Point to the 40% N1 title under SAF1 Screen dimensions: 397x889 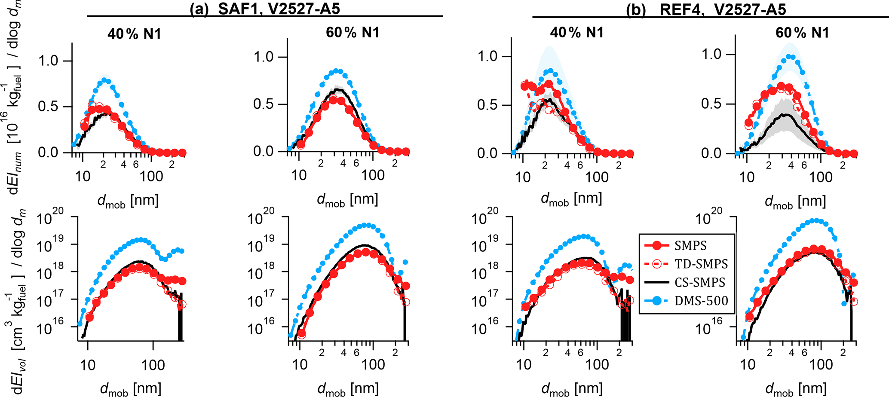tap(134, 34)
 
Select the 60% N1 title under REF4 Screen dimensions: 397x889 tap(802, 33)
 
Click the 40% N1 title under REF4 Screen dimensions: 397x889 tap(577, 32)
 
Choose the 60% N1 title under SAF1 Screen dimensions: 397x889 tap(353, 32)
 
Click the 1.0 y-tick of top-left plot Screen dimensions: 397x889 tap(48, 61)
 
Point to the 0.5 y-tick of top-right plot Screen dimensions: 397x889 tap(711, 104)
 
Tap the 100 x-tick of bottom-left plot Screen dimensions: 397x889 tap(153, 365)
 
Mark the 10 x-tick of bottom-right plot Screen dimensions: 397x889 tap(748, 365)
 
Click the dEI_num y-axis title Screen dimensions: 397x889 tap(17, 103)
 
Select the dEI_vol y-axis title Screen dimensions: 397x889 tap(17, 301)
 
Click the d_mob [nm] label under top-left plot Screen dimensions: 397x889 tap(128, 201)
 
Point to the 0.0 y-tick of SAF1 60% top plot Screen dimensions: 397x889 tap(264, 152)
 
